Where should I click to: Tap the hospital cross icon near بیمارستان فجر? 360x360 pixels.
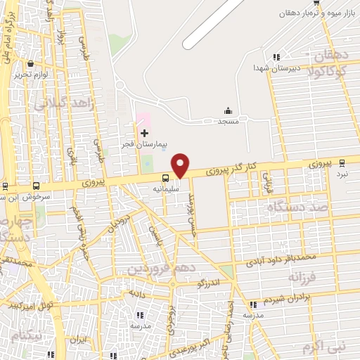pyautogui.click(x=144, y=133)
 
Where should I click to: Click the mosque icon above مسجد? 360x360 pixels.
pyautogui.click(x=228, y=111)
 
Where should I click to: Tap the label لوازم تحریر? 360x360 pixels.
pyautogui.click(x=32, y=74)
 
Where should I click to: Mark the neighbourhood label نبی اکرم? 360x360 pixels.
pyautogui.click(x=324, y=347)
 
